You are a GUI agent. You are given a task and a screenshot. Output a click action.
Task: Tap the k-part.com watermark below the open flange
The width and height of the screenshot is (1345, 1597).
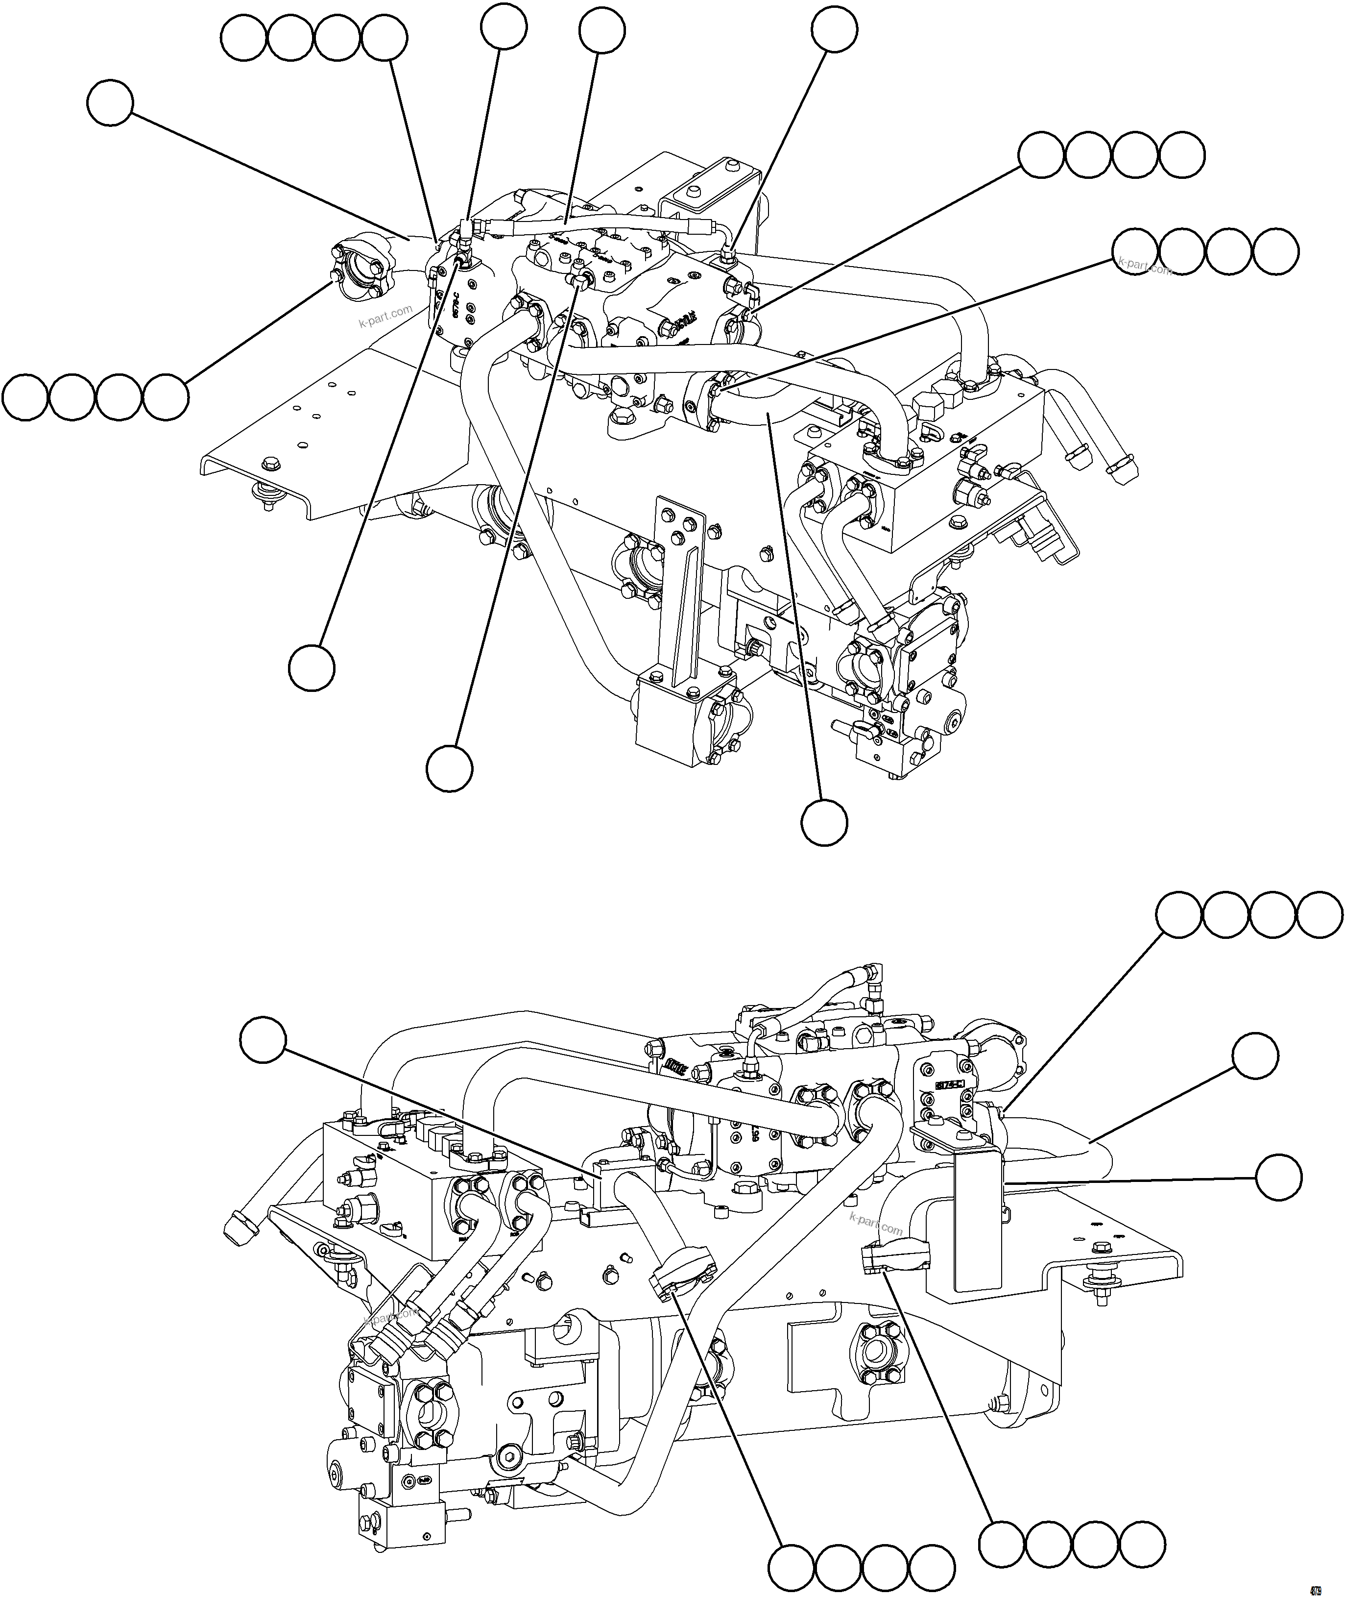(x=385, y=315)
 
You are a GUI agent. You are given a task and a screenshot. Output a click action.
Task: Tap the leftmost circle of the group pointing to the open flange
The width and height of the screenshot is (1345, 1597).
(x=25, y=396)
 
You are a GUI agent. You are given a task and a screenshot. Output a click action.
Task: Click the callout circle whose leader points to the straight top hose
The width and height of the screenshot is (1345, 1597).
(x=601, y=30)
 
